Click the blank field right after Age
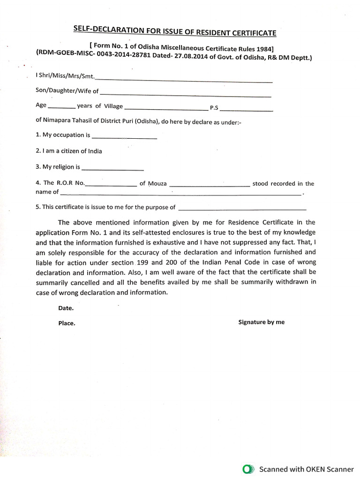(x=61, y=107)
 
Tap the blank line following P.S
(x=246, y=110)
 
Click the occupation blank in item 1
(x=124, y=137)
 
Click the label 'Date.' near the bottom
(x=66, y=309)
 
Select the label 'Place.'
(x=67, y=323)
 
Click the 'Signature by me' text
(x=261, y=322)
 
